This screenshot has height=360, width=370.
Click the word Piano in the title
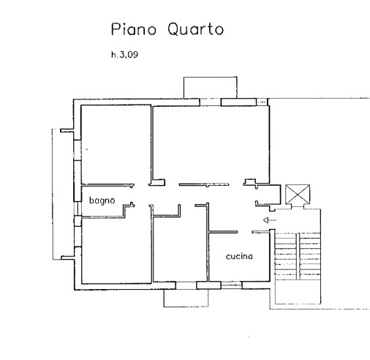click(x=134, y=29)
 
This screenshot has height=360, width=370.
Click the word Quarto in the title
click(x=195, y=29)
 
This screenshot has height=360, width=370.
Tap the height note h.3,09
click(x=125, y=54)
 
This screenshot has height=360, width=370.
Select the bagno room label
click(x=102, y=200)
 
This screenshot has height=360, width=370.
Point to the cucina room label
click(x=239, y=256)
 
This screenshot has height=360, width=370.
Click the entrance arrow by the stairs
click(x=270, y=220)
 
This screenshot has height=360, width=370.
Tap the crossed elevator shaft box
click(x=298, y=194)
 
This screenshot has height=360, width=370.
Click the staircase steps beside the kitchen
click(x=298, y=256)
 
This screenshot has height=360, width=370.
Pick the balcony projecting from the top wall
click(x=210, y=88)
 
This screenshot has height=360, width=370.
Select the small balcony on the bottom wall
click(x=186, y=298)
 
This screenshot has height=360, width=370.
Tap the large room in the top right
click(x=211, y=144)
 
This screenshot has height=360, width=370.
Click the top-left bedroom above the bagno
click(x=116, y=144)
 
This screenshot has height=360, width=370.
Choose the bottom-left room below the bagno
click(x=116, y=250)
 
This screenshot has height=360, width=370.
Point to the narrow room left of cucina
click(x=181, y=249)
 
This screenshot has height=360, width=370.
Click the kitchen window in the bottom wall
click(x=232, y=285)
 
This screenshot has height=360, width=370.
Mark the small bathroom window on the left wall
click(x=78, y=209)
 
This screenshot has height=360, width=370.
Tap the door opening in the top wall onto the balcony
click(x=211, y=102)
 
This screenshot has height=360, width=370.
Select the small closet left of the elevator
click(x=268, y=195)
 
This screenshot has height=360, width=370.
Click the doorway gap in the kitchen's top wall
click(x=244, y=232)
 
